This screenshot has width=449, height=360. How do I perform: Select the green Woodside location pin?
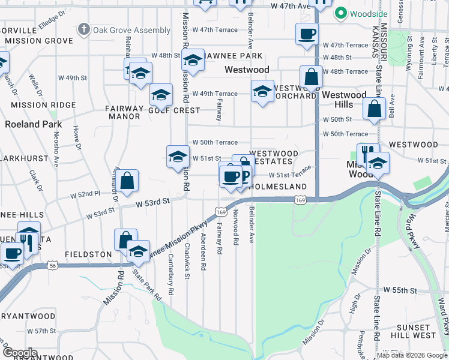pos(341,13)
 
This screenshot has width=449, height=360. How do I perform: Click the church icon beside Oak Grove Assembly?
pos(84,29)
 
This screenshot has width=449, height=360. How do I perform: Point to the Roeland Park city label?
pos(33,124)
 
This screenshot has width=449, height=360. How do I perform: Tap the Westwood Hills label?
pos(344,100)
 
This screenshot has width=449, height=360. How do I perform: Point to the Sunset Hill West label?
pos(413,331)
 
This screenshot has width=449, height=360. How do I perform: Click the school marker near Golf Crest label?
pos(161,95)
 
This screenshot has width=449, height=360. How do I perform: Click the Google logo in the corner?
pos(19,353)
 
